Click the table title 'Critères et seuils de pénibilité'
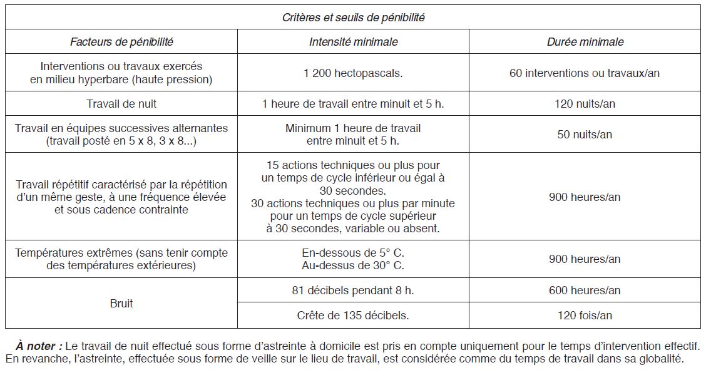click(353, 18)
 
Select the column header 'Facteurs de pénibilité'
click(121, 42)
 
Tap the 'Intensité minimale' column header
click(353, 42)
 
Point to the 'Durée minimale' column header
click(585, 42)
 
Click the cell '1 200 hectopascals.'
click(353, 73)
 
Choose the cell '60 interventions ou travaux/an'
click(585, 73)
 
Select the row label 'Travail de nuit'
click(121, 103)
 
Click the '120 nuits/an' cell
click(585, 103)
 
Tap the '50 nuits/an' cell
click(585, 134)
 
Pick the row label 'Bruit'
click(121, 303)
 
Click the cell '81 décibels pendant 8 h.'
click(353, 290)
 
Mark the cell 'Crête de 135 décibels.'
click(353, 316)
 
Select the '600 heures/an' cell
click(585, 290)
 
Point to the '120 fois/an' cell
click(585, 316)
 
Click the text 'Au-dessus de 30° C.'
click(353, 265)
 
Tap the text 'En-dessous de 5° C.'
click(353, 253)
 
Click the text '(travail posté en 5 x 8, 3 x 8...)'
click(121, 141)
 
